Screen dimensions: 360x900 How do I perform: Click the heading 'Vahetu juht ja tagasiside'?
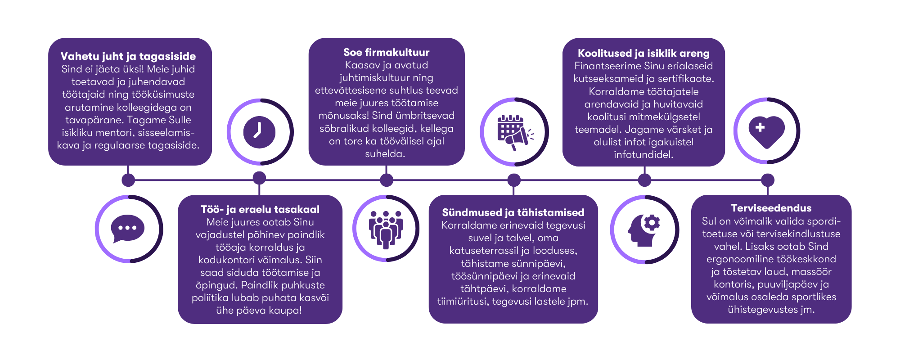click(x=128, y=56)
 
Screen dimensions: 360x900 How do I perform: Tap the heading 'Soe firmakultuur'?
click(x=386, y=52)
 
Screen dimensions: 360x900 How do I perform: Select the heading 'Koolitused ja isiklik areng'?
click(x=643, y=53)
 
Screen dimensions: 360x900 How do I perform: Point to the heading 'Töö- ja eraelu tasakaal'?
click(x=260, y=209)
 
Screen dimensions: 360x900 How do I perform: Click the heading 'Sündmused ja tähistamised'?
click(x=513, y=212)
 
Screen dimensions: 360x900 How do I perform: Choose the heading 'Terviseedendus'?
click(x=771, y=208)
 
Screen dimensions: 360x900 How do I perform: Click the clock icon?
click(x=260, y=132)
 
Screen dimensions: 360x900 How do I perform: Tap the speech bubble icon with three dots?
click(x=128, y=229)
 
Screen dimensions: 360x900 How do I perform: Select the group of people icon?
click(x=386, y=229)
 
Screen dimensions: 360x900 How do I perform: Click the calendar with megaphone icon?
click(x=514, y=132)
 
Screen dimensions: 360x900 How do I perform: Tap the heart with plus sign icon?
click(x=767, y=131)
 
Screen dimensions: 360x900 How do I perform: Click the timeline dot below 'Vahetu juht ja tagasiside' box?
click(x=128, y=180)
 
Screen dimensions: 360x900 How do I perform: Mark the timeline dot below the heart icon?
click(x=768, y=180)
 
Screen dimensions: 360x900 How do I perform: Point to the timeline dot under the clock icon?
click(x=259, y=178)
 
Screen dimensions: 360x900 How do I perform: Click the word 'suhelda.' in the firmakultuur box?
click(x=385, y=154)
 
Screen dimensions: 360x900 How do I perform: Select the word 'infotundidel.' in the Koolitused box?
click(x=643, y=155)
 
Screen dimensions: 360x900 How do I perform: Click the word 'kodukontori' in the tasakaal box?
click(x=222, y=260)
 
